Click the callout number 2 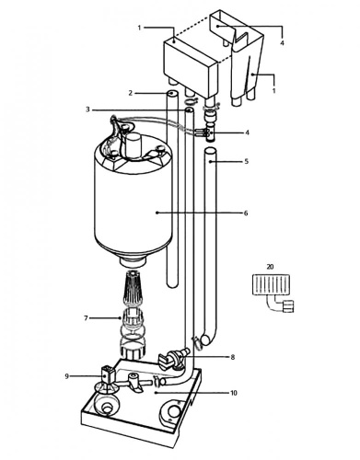click(x=131, y=93)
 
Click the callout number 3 click(x=88, y=109)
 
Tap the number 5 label click(x=247, y=161)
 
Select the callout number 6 click(x=246, y=213)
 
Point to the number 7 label click(x=86, y=318)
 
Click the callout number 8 click(x=233, y=357)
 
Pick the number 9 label click(x=67, y=376)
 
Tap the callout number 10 click(x=234, y=393)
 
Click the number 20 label click(x=270, y=267)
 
